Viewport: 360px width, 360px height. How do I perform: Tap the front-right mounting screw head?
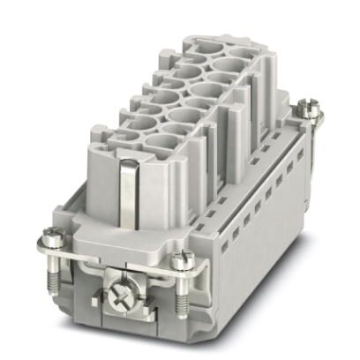pos(184,259)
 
